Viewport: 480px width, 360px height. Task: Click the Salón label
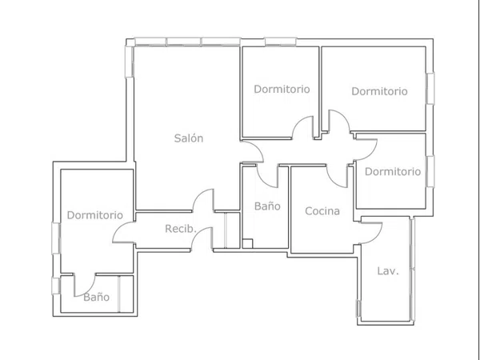tap(189, 138)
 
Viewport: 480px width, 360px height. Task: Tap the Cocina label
tap(322, 211)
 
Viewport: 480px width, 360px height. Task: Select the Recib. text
tap(181, 228)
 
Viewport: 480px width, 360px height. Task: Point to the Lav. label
tap(388, 271)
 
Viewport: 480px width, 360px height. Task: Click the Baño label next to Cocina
tap(267, 206)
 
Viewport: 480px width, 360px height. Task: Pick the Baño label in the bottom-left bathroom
tap(97, 297)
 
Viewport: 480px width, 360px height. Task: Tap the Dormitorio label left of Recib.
tap(95, 215)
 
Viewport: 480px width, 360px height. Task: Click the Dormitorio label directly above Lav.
tap(393, 171)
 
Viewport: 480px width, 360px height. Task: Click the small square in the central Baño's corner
tap(247, 244)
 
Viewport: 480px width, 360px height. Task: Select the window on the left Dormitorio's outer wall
tap(56, 238)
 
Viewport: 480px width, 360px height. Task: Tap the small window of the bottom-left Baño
tap(56, 286)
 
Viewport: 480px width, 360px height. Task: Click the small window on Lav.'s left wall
tap(358, 308)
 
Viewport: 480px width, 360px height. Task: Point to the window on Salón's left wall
tap(130, 62)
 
